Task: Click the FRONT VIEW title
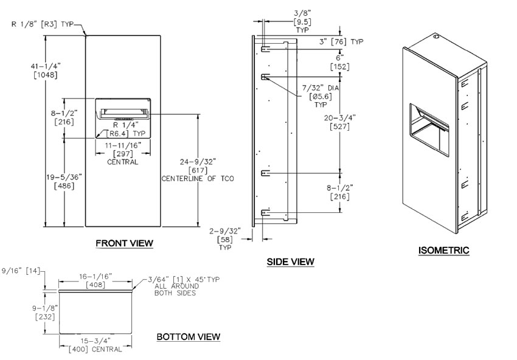point(124,244)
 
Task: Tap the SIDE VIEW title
point(290,262)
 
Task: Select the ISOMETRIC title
point(443,250)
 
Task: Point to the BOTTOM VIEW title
point(188,336)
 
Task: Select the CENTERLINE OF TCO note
point(197,179)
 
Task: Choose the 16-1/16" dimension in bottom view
point(95,275)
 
